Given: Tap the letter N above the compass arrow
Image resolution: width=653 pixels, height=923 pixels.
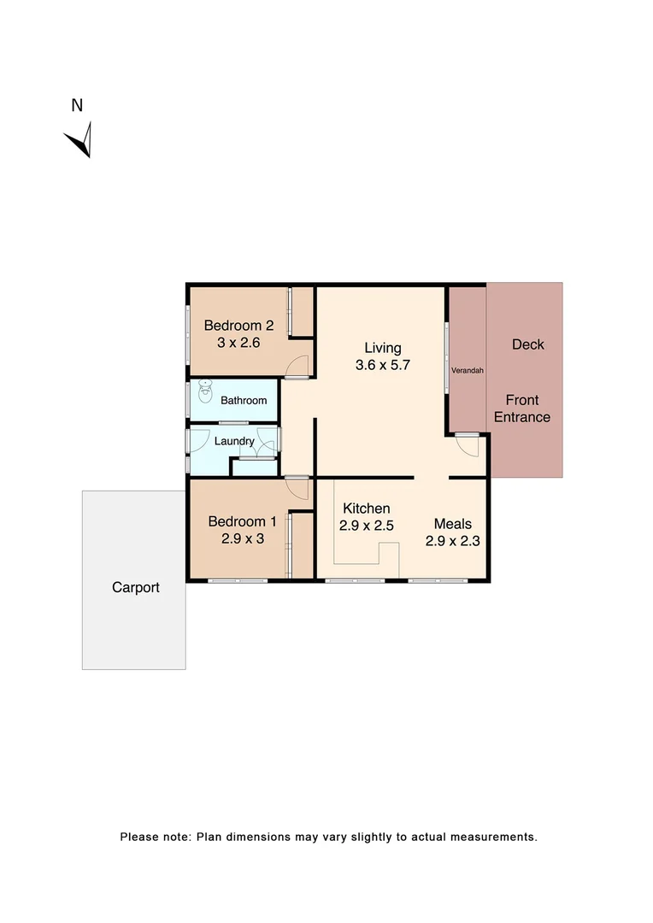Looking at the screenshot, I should pyautogui.click(x=77, y=106).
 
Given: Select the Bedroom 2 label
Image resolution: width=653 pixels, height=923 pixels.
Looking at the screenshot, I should pyautogui.click(x=238, y=326).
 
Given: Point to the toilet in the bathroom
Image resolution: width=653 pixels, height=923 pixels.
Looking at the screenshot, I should pyautogui.click(x=205, y=393).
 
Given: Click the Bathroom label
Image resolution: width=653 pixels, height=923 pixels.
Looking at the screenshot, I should pyautogui.click(x=244, y=400).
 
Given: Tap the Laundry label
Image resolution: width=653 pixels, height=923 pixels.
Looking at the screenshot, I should pyautogui.click(x=234, y=441).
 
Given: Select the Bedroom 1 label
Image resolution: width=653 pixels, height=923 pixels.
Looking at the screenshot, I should pyautogui.click(x=243, y=521).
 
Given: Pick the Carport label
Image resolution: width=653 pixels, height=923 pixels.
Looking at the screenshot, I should pyautogui.click(x=136, y=588).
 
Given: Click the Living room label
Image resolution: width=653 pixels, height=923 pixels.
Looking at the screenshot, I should pyautogui.click(x=382, y=348).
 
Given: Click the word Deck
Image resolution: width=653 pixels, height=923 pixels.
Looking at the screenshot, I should pyautogui.click(x=527, y=344).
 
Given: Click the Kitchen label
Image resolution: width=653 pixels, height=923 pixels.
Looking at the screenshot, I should pyautogui.click(x=367, y=509).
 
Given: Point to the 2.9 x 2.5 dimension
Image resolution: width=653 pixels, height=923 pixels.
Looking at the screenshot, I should pyautogui.click(x=367, y=526).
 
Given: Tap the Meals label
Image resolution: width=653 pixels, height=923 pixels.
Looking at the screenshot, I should pyautogui.click(x=452, y=523).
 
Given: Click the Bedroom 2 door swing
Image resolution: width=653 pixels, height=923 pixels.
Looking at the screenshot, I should pyautogui.click(x=297, y=365).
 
